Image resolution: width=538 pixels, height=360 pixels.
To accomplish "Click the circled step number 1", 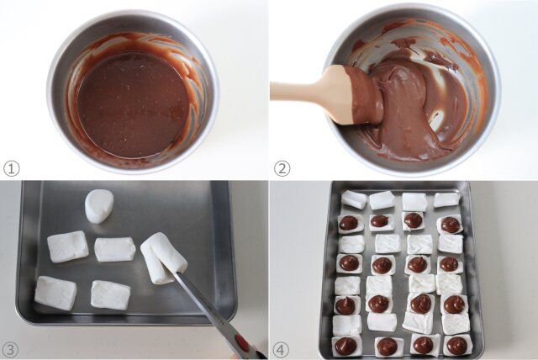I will [12, 167].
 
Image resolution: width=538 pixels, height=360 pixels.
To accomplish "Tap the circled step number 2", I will [282, 167].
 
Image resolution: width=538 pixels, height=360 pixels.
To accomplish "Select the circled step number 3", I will [12, 349].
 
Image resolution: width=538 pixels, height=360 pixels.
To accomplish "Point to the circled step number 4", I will [282, 349].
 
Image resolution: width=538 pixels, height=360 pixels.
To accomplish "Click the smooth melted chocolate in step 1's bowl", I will [133, 104].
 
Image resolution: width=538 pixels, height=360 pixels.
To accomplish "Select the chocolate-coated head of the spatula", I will [363, 98].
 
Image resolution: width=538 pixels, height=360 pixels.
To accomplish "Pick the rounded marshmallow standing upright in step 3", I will [99, 206].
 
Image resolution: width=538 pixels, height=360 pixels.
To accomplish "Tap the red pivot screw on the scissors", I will [242, 342].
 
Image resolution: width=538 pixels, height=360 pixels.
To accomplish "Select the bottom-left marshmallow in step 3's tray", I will [55, 293].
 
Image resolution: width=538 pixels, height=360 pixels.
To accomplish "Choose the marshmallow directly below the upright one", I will [114, 249].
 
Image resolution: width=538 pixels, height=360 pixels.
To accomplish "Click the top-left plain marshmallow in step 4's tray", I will [354, 199].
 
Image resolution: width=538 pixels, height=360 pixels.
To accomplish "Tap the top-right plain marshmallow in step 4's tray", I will [446, 199].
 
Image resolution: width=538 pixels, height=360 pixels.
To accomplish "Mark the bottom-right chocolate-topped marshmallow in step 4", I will [457, 345].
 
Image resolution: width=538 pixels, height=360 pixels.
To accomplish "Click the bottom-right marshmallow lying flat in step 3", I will [110, 294].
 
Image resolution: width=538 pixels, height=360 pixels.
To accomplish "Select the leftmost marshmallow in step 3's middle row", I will [67, 246].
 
